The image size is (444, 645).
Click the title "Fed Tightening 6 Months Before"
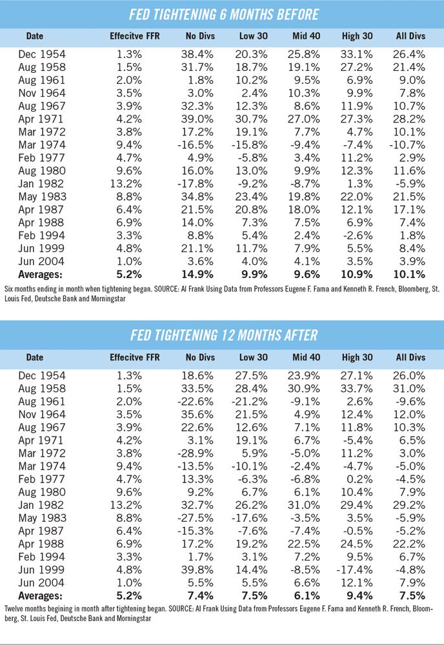(224, 14)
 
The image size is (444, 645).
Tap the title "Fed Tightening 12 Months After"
(224, 335)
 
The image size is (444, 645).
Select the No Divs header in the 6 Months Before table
(200, 36)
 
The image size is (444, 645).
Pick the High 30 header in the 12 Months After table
(357, 357)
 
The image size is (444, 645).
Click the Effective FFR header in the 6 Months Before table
(135, 36)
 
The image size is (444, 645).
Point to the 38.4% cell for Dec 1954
(197, 54)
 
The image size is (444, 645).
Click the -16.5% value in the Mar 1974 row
(196, 144)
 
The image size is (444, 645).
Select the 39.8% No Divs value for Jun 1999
(197, 570)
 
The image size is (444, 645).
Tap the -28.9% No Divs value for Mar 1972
(196, 453)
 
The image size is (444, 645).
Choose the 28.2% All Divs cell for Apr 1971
(409, 119)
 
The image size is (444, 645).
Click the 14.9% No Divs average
(197, 274)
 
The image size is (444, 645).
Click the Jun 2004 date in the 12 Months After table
(41, 583)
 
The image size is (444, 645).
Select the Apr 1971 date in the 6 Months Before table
(41, 119)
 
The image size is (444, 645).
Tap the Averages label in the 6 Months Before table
(40, 274)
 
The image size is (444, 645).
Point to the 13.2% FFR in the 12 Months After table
(126, 505)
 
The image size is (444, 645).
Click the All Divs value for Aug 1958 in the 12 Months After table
(409, 388)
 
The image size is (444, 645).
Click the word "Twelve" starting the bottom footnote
(14, 608)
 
